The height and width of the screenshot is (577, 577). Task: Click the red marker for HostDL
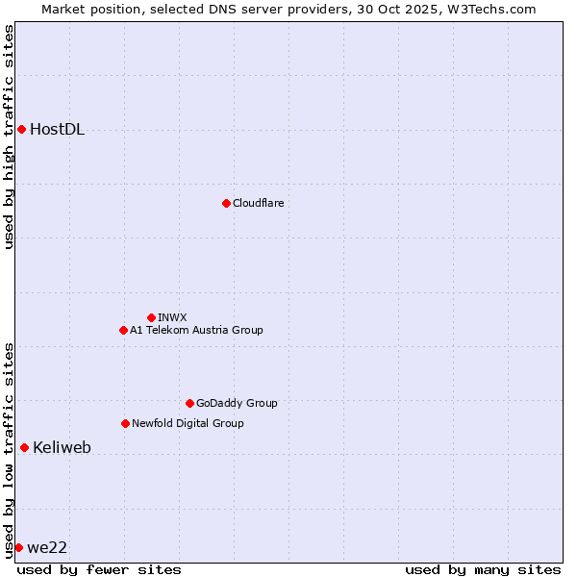click(21, 129)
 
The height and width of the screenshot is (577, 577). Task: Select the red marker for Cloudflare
click(226, 203)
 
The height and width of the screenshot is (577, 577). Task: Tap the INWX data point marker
click(151, 317)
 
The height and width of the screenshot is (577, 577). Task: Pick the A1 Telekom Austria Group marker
click(123, 330)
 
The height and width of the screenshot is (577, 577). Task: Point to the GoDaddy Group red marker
click(189, 403)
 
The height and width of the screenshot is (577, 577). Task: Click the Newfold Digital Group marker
click(125, 423)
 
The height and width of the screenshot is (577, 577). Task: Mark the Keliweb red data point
click(24, 447)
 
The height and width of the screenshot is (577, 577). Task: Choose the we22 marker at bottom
click(18, 547)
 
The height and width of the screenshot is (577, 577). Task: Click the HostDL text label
click(57, 130)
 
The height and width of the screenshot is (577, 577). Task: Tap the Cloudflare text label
click(258, 203)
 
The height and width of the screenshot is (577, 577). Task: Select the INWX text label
click(172, 317)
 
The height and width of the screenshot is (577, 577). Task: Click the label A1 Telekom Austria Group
click(196, 330)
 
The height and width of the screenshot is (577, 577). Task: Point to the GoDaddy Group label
click(237, 403)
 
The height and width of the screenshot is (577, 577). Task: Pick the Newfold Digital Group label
click(188, 423)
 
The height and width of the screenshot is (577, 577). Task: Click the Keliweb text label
click(62, 447)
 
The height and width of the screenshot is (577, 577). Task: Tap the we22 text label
click(47, 547)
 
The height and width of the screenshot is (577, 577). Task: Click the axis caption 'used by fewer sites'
click(99, 569)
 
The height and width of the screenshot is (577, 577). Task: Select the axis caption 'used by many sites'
click(482, 569)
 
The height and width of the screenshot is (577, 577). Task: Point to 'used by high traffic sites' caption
click(9, 137)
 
